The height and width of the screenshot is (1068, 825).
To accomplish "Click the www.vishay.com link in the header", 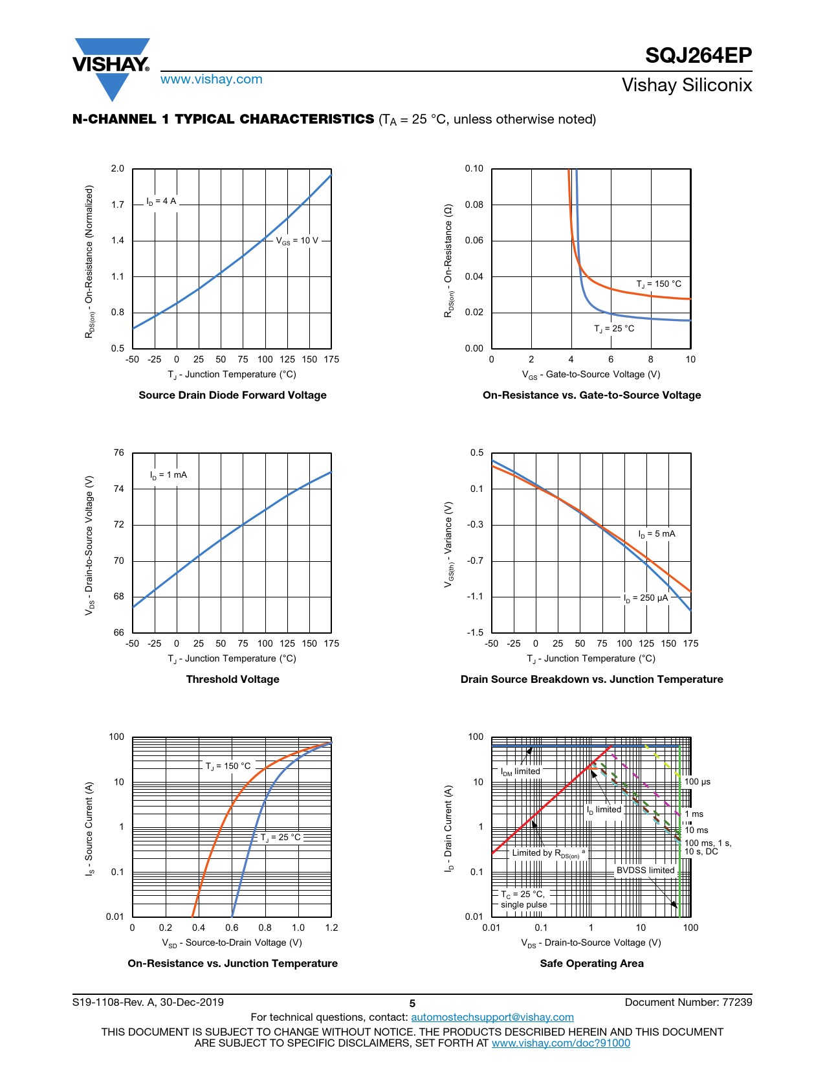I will [212, 80].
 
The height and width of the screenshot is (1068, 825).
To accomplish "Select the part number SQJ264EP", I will [698, 56].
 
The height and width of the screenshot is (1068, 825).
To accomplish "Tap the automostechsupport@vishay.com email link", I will [492, 1017].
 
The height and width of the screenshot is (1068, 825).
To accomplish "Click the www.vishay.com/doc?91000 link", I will [560, 1043].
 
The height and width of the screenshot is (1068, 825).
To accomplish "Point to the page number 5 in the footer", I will [412, 1003].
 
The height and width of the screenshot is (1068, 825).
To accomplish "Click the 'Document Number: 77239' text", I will [688, 1002].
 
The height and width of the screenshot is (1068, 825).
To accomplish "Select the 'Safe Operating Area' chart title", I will [591, 963].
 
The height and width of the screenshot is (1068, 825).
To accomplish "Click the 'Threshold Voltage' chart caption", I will [232, 679].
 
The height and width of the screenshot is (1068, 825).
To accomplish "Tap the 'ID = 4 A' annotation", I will [161, 201].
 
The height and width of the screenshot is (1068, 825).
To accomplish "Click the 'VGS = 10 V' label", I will [298, 241].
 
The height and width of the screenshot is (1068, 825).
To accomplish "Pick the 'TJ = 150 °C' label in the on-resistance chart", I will [659, 284].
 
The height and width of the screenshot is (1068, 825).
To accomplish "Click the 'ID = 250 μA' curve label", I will [646, 598].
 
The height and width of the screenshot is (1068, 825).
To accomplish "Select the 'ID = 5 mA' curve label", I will [657, 534].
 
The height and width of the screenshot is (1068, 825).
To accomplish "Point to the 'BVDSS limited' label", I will [645, 871].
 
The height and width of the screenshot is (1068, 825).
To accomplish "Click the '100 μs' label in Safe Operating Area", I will [698, 782].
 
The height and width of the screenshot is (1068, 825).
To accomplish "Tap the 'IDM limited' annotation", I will [520, 772].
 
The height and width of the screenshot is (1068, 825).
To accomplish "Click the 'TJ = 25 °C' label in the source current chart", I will [281, 838].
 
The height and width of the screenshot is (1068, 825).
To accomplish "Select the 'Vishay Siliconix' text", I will [687, 85].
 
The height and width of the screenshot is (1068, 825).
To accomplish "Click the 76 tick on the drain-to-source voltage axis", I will [118, 453].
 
